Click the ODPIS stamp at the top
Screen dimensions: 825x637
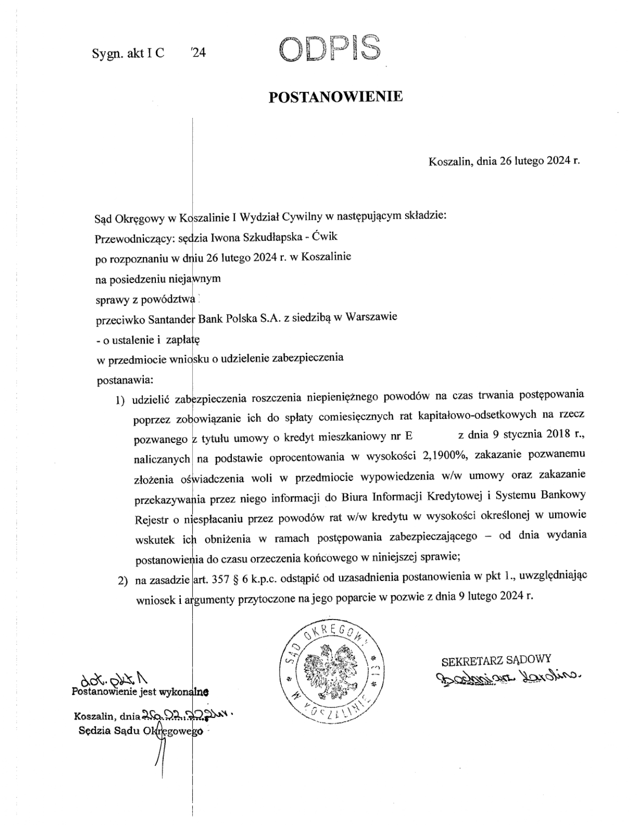tap(330, 48)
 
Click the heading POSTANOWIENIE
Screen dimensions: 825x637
tap(335, 97)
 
